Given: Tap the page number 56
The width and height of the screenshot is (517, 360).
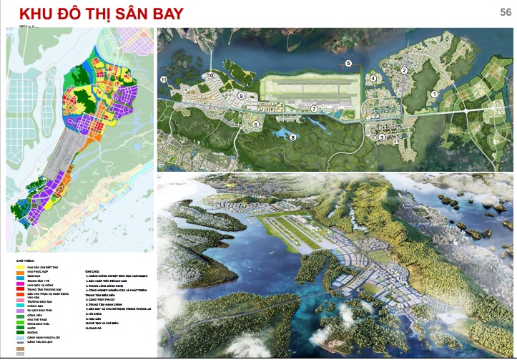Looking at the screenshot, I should click(x=505, y=12).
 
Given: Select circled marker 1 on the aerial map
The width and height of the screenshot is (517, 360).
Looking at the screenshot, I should click(x=433, y=94).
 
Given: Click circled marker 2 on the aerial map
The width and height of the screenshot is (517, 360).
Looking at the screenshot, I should click(x=404, y=70).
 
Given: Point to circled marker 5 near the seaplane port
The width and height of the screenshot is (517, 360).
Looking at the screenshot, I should click(x=349, y=64).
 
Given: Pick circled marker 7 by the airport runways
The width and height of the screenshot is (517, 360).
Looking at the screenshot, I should click(x=314, y=109).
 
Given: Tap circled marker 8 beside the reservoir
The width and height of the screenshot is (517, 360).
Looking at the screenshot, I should click(x=292, y=138).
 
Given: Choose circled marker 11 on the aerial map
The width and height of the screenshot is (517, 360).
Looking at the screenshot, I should click(x=163, y=79).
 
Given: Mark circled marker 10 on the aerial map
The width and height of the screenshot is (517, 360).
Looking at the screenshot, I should click(x=211, y=76).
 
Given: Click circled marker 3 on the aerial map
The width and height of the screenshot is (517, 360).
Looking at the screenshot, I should click(x=382, y=137).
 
